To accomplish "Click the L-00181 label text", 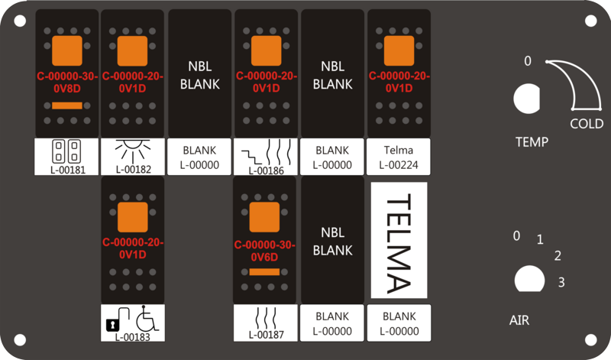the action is pyautogui.click(x=68, y=170).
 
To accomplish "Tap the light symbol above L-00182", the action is pyautogui.click(x=133, y=151).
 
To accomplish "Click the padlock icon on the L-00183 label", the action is pyautogui.click(x=112, y=325).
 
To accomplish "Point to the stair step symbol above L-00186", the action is pyautogui.click(x=254, y=157).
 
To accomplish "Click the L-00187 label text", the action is pyautogui.click(x=267, y=335).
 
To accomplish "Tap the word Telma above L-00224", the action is pyautogui.click(x=399, y=150).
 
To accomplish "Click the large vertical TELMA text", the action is pyautogui.click(x=399, y=244).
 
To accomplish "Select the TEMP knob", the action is pyautogui.click(x=527, y=99).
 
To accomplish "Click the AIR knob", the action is pyautogui.click(x=529, y=279).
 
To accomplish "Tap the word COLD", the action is pyautogui.click(x=587, y=124).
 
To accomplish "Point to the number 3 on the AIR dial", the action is pyautogui.click(x=561, y=282).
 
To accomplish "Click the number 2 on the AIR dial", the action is pyautogui.click(x=558, y=256).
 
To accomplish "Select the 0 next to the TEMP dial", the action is pyautogui.click(x=528, y=61).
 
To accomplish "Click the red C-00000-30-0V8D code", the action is pyautogui.click(x=67, y=83).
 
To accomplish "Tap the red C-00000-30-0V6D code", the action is pyautogui.click(x=264, y=251).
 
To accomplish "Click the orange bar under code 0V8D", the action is pyautogui.click(x=67, y=105).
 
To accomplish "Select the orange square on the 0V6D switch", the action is pyautogui.click(x=264, y=217).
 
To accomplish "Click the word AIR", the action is pyautogui.click(x=519, y=320).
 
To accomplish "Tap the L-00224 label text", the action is pyautogui.click(x=399, y=165).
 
